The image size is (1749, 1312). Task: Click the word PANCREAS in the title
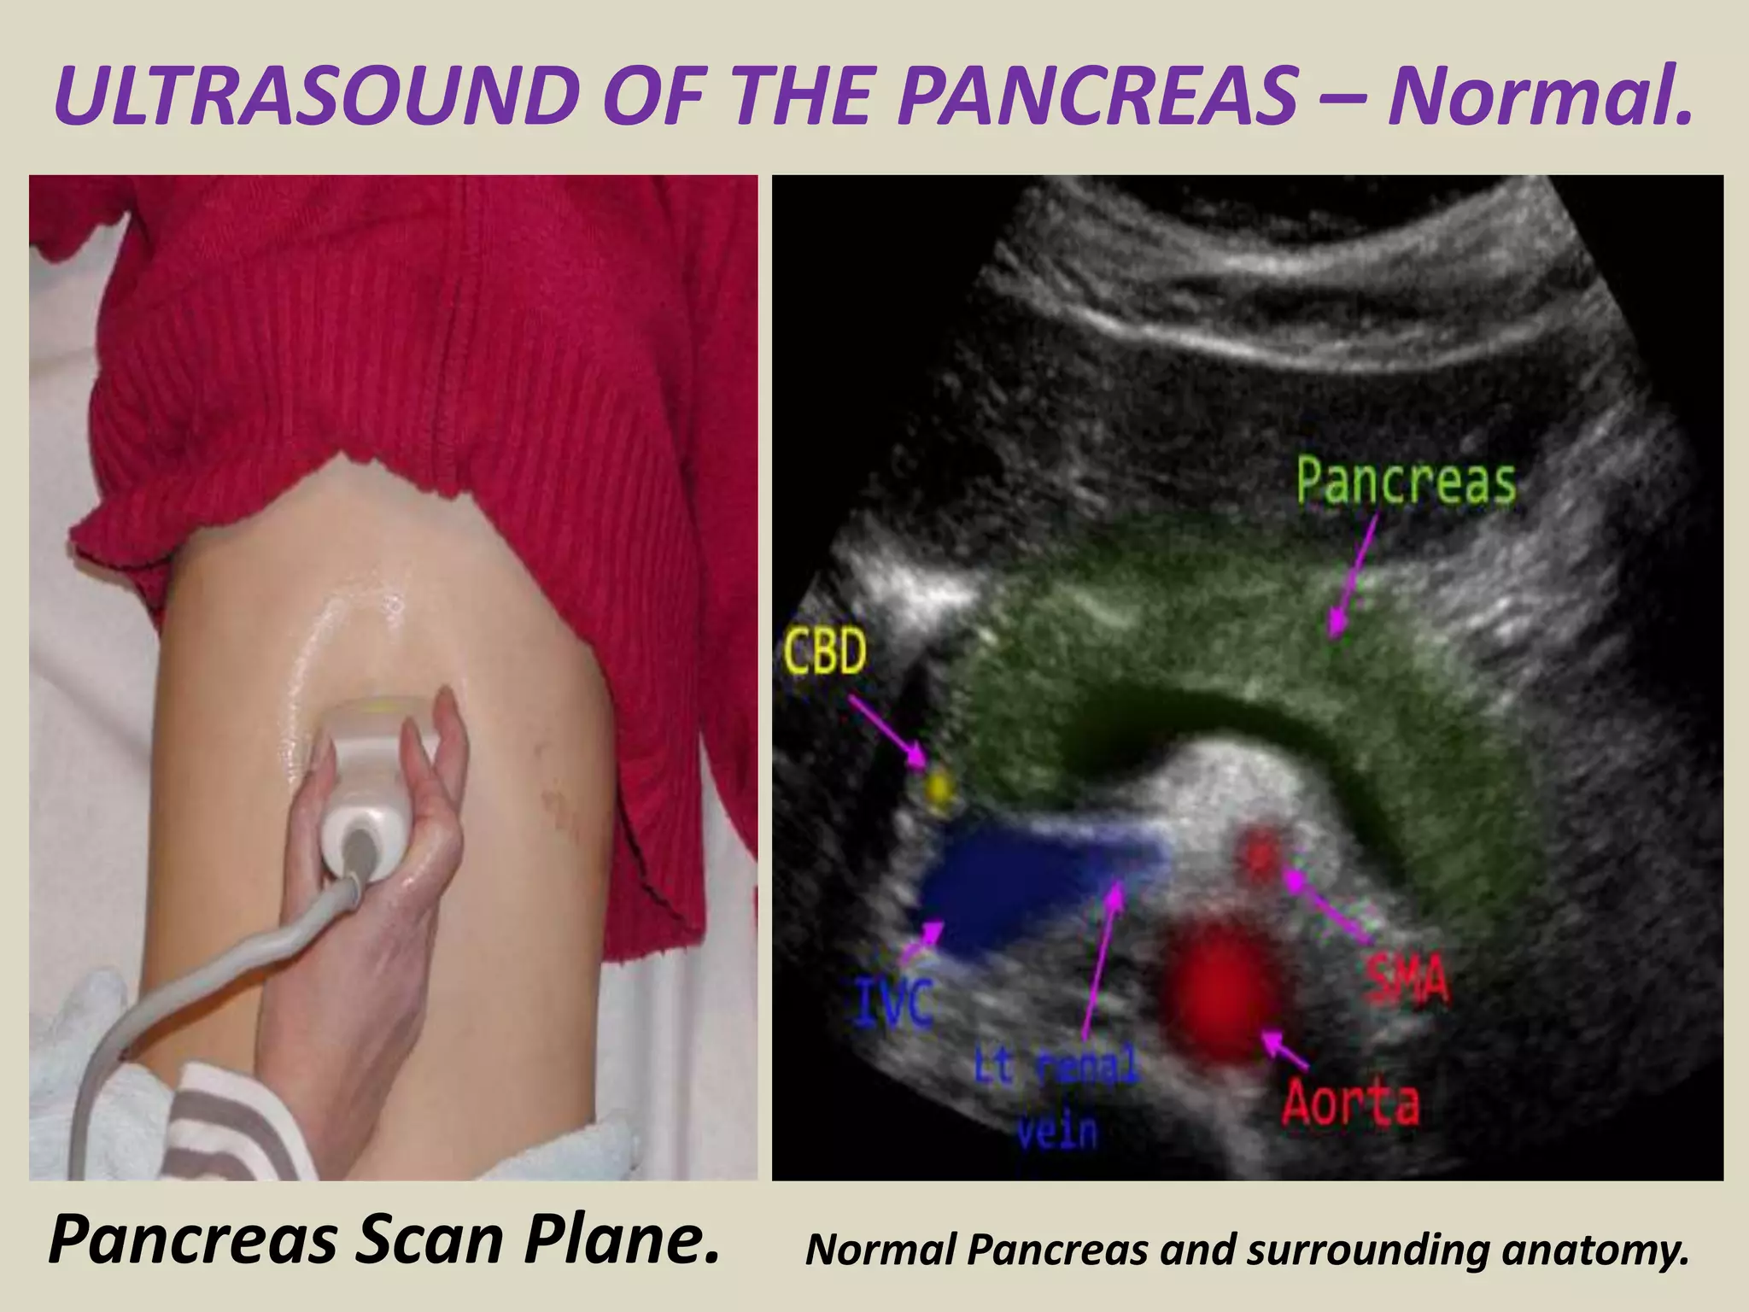pos(1097,97)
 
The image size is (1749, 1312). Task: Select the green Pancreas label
pos(1406,482)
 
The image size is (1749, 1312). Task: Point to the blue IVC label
pos(893,1005)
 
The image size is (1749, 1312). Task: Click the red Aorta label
pos(1350,1102)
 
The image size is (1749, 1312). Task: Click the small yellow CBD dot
pos(939,787)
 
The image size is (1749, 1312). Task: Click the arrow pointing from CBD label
pos(888,726)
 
